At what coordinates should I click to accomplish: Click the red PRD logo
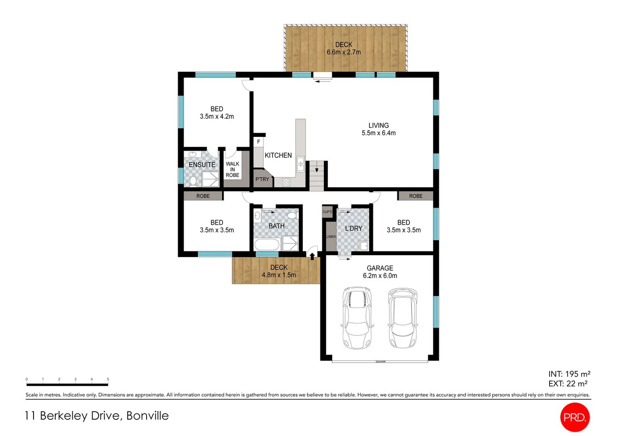pyautogui.click(x=575, y=417)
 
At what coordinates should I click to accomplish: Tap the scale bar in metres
pyautogui.click(x=67, y=384)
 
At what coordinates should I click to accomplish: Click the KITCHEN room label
pyautogui.click(x=278, y=155)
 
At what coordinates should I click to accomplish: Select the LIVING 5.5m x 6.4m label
pyautogui.click(x=378, y=129)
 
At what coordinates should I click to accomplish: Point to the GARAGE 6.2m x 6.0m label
pyautogui.click(x=380, y=272)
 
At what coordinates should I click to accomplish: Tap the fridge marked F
pyautogui.click(x=258, y=142)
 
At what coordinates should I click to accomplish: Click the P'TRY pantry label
pyautogui.click(x=262, y=179)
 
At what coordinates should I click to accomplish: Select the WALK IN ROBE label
pyautogui.click(x=233, y=170)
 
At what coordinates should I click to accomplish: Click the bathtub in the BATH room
pyautogui.click(x=267, y=245)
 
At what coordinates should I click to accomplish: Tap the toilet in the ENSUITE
pyautogui.click(x=193, y=181)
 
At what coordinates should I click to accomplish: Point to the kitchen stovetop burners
pyautogui.click(x=286, y=182)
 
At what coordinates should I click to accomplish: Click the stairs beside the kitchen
pyautogui.click(x=317, y=176)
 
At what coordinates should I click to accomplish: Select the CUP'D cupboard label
pyautogui.click(x=327, y=212)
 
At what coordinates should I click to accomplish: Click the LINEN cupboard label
pyautogui.click(x=331, y=237)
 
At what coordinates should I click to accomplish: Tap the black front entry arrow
pyautogui.click(x=312, y=256)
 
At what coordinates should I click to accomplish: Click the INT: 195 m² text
pyautogui.click(x=569, y=374)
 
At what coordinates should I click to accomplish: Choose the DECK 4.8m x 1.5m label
pyautogui.click(x=279, y=271)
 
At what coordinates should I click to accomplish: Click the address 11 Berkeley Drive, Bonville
pyautogui.click(x=97, y=416)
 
